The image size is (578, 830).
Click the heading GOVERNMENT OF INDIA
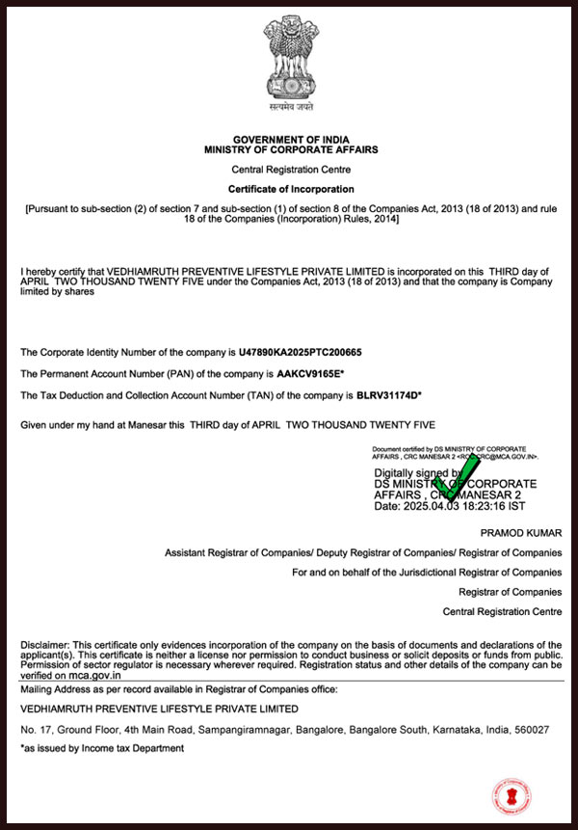pos(291,141)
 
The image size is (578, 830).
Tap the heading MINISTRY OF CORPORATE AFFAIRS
pos(291,150)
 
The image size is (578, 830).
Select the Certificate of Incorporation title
pos(291,189)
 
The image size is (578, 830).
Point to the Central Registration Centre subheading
pos(291,169)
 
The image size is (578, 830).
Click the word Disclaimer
pos(44,644)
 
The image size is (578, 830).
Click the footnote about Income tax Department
pos(102,748)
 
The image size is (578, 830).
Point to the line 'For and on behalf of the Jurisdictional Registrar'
pos(427,573)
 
